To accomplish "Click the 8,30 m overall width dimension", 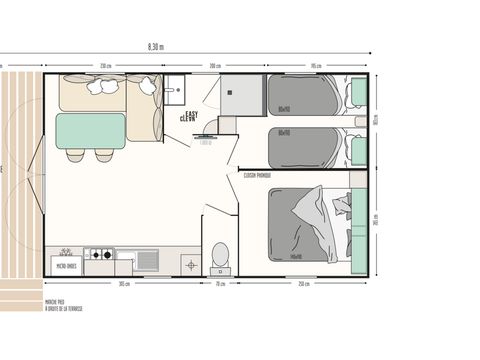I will tap(155, 46).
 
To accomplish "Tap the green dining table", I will tap(91, 130).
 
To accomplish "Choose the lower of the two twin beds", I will tap(304, 146).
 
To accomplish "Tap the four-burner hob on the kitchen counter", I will tap(100, 256).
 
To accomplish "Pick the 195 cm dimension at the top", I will tap(314, 65).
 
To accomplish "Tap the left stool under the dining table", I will tap(75, 155).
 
